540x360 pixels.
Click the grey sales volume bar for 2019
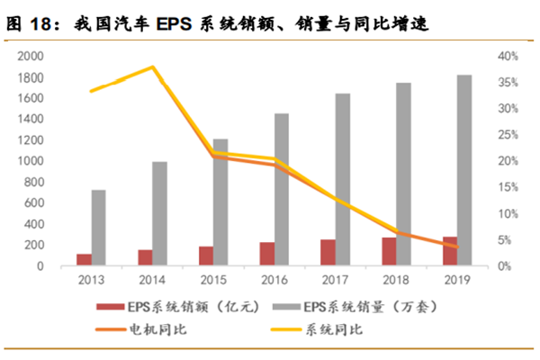tap(463, 170)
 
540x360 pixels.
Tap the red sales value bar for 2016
tap(267, 254)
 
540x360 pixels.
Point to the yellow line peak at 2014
tap(152, 67)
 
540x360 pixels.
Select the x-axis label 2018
tap(396, 279)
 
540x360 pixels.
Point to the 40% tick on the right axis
tap(508, 56)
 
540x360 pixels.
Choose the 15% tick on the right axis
tap(508, 187)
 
